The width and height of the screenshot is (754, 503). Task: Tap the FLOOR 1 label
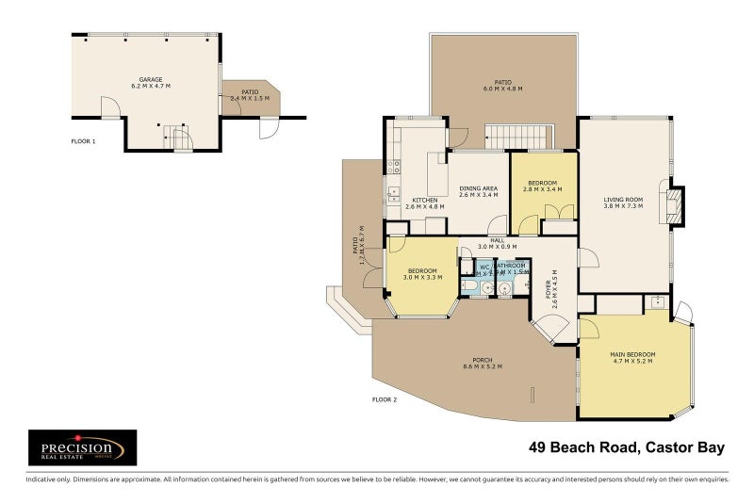point(84,141)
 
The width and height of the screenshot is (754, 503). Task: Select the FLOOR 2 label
point(384,399)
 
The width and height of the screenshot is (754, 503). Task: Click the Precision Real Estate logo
point(82,447)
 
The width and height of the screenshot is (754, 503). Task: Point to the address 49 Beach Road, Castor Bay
point(627,447)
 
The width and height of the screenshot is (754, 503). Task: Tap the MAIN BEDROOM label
point(633,354)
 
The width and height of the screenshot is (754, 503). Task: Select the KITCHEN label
point(424,200)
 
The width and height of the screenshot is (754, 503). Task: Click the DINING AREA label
point(478,189)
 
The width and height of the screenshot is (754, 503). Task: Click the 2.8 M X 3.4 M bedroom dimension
point(542,189)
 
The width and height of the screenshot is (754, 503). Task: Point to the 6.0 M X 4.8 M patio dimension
point(502,89)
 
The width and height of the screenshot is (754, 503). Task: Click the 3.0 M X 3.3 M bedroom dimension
point(422,278)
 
